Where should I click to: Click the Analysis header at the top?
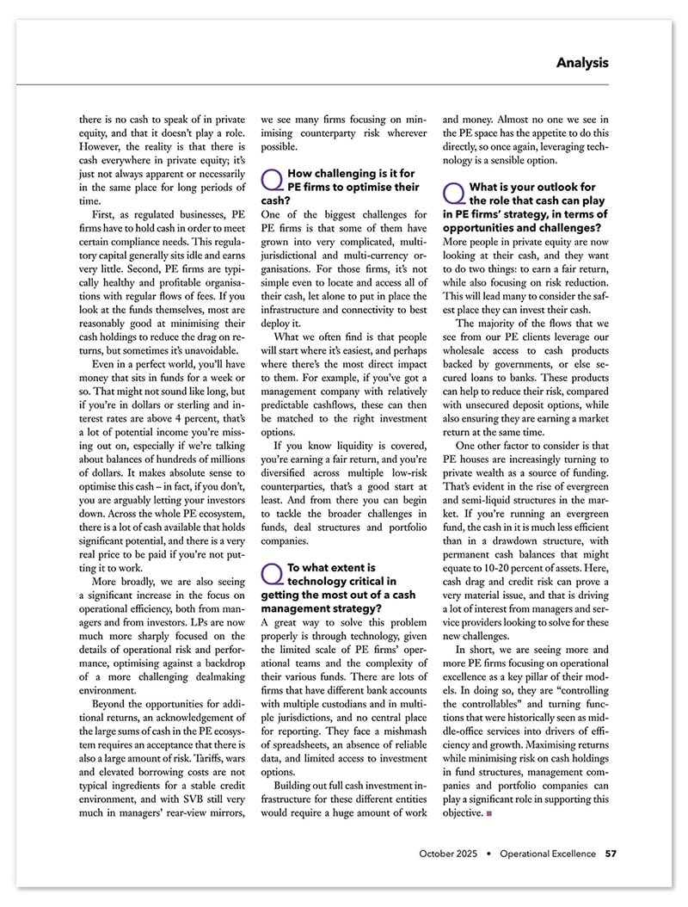point(582,63)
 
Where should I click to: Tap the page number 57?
point(610,854)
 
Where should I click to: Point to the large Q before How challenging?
point(271,180)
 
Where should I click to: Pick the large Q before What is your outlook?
point(453,193)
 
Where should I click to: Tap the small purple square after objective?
point(488,811)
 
